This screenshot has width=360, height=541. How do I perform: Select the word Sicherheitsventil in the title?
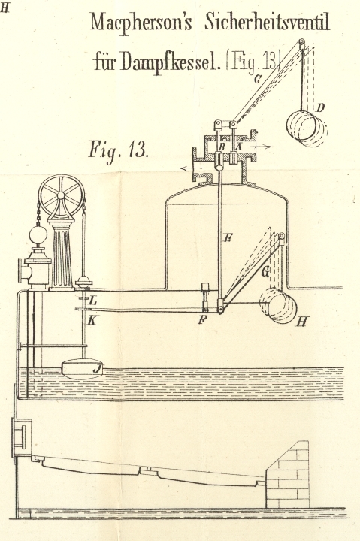tap(268, 23)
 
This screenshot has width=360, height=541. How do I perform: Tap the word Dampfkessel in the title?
tap(170, 62)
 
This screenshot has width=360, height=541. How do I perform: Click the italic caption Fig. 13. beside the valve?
tap(119, 150)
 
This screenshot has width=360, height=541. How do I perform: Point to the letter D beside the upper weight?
tap(320, 108)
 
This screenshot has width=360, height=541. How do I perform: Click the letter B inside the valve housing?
tap(222, 147)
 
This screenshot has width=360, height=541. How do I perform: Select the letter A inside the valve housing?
tap(237, 147)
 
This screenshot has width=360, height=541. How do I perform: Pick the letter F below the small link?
tap(202, 320)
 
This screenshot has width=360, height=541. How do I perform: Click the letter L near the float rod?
tap(93, 301)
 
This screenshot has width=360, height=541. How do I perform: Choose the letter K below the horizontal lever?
tap(92, 321)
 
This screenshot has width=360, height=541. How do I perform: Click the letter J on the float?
tap(98, 370)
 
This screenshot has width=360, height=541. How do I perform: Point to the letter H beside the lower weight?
tap(301, 322)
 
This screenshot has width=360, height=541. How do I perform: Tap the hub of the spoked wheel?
tap(61, 195)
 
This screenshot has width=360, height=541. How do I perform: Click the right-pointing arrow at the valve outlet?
tap(263, 147)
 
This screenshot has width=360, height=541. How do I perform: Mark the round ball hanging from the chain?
tap(38, 235)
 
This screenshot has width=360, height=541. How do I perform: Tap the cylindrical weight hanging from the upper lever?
tap(306, 126)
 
